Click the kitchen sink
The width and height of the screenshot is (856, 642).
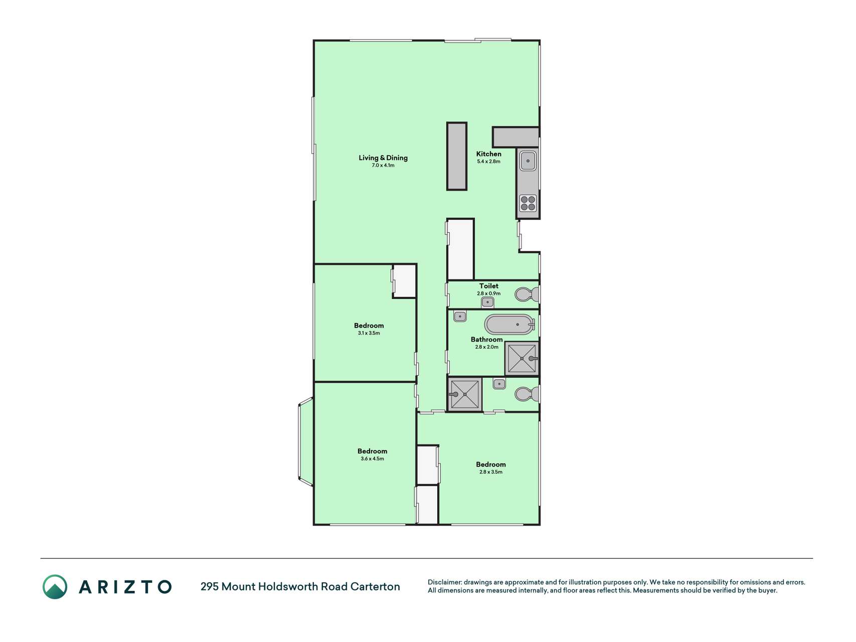pos(528,161)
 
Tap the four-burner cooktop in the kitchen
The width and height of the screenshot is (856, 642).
pos(528,203)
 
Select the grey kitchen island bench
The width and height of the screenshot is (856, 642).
pos(457,156)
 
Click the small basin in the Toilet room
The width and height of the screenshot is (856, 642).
pos(487,302)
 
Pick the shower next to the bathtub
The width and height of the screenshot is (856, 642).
pos(522,358)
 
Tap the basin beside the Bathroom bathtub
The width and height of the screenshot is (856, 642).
pos(460,316)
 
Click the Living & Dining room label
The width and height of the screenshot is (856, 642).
pos(383,157)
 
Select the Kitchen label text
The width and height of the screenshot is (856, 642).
pos(489,154)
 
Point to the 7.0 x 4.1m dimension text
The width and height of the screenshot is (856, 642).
pos(383,166)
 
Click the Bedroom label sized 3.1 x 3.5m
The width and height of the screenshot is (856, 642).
pos(369,326)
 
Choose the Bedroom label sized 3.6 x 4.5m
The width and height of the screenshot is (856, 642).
pos(373,451)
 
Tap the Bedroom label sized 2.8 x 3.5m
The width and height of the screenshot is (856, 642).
pos(491,464)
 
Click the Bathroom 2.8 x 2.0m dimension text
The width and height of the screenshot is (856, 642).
pos(487,347)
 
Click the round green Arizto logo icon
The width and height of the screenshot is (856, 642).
pos(55,587)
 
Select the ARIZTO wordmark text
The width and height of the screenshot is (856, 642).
pos(125,587)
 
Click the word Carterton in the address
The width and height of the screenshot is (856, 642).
pos(375,586)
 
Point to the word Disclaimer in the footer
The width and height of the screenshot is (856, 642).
pos(445,582)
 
